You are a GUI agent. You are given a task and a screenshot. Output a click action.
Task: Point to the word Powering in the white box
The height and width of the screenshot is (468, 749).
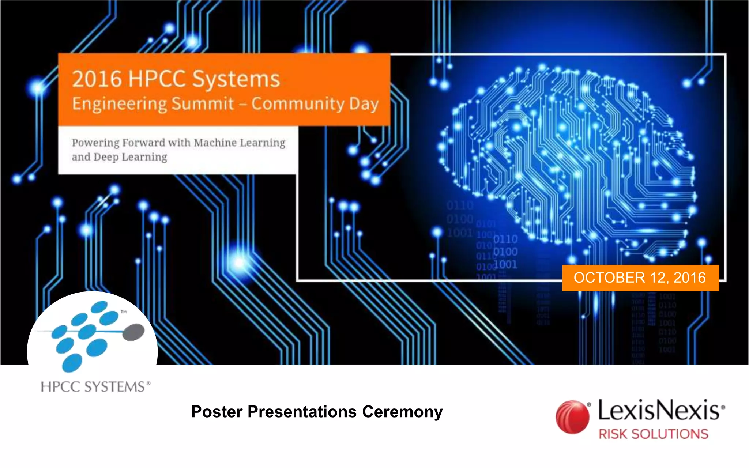click(x=95, y=143)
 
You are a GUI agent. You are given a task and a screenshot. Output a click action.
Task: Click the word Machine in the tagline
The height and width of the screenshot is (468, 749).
click(x=215, y=143)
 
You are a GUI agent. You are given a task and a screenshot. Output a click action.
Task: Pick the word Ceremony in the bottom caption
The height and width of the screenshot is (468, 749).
click(x=402, y=412)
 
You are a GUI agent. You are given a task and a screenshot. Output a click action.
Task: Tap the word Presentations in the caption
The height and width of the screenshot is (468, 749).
click(x=302, y=412)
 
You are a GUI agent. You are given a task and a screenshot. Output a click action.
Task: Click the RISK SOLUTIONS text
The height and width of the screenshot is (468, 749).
click(x=653, y=434)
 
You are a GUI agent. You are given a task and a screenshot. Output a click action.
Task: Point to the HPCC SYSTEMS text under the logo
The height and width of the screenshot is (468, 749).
click(x=93, y=387)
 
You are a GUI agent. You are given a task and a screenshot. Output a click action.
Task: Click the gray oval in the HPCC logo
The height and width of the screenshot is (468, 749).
click(x=133, y=332)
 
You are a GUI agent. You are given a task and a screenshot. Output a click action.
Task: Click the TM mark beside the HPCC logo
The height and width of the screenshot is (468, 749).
click(x=124, y=312)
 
